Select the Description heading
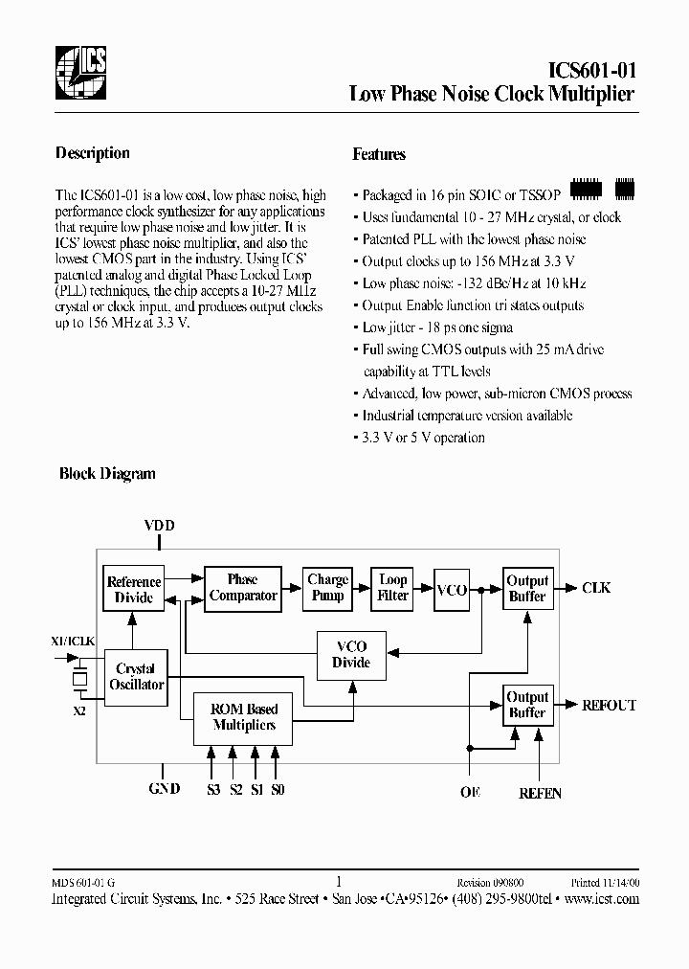click(x=92, y=153)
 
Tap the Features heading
click(x=379, y=154)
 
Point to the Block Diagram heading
click(x=107, y=473)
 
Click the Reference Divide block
click(x=134, y=589)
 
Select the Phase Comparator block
click(x=243, y=588)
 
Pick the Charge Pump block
click(x=327, y=588)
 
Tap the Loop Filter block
click(x=393, y=588)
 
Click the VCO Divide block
click(x=350, y=655)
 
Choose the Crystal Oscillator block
click(x=134, y=677)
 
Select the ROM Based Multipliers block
click(x=243, y=717)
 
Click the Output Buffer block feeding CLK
click(x=527, y=589)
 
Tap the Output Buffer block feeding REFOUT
click(x=527, y=706)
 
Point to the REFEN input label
click(x=540, y=794)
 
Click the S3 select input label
click(x=212, y=790)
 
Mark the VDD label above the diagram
click(x=160, y=526)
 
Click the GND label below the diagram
click(x=164, y=790)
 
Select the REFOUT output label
click(x=609, y=706)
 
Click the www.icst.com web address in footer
click(x=602, y=899)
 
